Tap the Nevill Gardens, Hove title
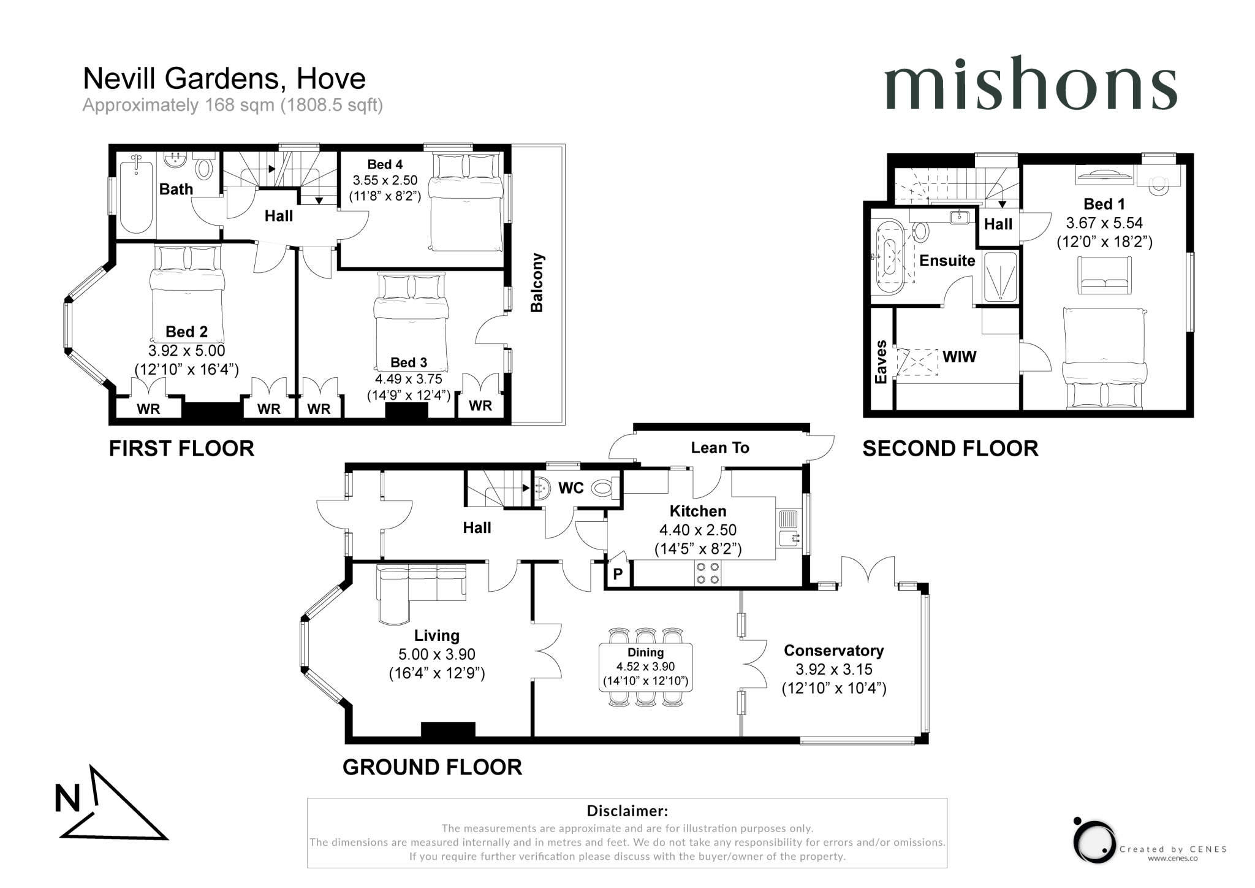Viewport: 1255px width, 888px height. [x=224, y=78]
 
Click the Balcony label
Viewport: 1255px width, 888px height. [x=537, y=283]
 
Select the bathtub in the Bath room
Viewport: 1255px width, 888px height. [x=136, y=194]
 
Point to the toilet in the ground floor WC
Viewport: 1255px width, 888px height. [x=603, y=489]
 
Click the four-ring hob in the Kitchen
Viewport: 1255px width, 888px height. [x=707, y=573]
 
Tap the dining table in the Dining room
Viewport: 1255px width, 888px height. [x=646, y=667]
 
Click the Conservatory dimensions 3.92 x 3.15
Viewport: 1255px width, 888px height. [x=833, y=670]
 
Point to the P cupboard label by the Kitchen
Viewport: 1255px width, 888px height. [x=618, y=575]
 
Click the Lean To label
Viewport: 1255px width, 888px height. [x=720, y=448]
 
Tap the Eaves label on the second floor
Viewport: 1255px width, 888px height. [x=881, y=362]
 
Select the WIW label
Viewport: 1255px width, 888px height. [x=959, y=356]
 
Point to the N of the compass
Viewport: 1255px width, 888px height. [x=67, y=799]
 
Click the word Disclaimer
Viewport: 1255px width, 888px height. [x=627, y=811]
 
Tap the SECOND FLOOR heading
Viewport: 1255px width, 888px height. [x=950, y=449]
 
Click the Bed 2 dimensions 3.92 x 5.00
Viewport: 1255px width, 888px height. [x=186, y=351]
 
